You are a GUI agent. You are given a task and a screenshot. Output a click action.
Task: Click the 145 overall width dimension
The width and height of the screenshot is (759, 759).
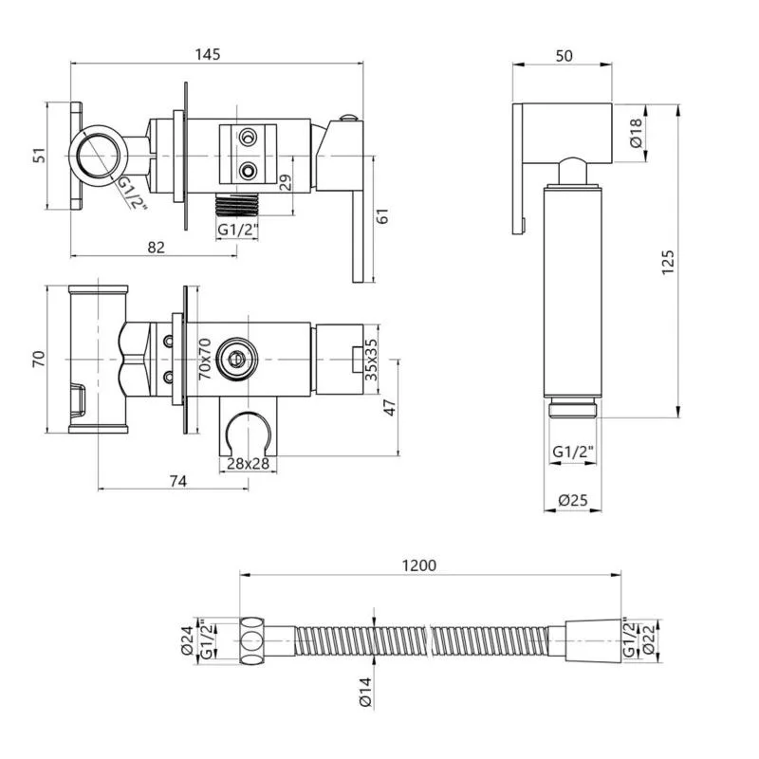point(208,54)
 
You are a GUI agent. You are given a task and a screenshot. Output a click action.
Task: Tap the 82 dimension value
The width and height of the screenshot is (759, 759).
point(156,248)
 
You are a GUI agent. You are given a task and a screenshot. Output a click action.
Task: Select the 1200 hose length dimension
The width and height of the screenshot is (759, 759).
point(419,565)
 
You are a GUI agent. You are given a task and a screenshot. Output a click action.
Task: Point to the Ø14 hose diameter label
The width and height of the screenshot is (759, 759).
point(365,693)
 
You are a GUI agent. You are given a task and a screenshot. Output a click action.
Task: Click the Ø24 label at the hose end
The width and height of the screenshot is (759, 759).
point(187,640)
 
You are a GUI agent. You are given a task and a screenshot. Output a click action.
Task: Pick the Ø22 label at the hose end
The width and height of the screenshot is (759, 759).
point(649,639)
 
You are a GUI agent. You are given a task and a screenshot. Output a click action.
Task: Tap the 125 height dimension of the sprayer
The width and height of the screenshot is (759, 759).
point(668,263)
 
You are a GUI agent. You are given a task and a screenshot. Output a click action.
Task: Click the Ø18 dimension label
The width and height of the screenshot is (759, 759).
point(636,133)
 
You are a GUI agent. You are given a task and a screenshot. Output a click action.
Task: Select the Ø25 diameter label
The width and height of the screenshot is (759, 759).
point(573,500)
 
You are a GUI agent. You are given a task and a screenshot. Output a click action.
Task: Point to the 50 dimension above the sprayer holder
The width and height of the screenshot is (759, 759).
point(564,56)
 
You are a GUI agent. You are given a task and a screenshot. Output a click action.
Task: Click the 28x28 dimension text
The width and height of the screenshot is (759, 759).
point(248,463)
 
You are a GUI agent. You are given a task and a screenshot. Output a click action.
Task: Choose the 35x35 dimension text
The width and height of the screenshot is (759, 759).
point(371,360)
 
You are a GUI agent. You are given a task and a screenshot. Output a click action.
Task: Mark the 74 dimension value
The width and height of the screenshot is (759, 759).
point(178,481)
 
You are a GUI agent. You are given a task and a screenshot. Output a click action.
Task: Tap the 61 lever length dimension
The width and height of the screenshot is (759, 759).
point(382,216)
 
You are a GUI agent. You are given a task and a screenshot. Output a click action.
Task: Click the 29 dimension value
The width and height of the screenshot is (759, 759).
point(287,182)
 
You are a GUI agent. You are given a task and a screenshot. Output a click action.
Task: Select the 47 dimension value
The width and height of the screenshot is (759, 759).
point(390,408)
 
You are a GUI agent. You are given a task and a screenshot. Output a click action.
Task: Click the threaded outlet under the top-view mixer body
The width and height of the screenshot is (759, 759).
point(237,204)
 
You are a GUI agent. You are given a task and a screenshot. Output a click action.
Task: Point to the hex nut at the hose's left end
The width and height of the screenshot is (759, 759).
point(252,640)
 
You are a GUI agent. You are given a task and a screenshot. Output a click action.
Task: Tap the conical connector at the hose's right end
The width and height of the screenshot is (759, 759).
point(593,640)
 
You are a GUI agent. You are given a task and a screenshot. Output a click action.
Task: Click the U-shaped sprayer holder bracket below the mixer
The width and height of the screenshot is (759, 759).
point(249,426)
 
